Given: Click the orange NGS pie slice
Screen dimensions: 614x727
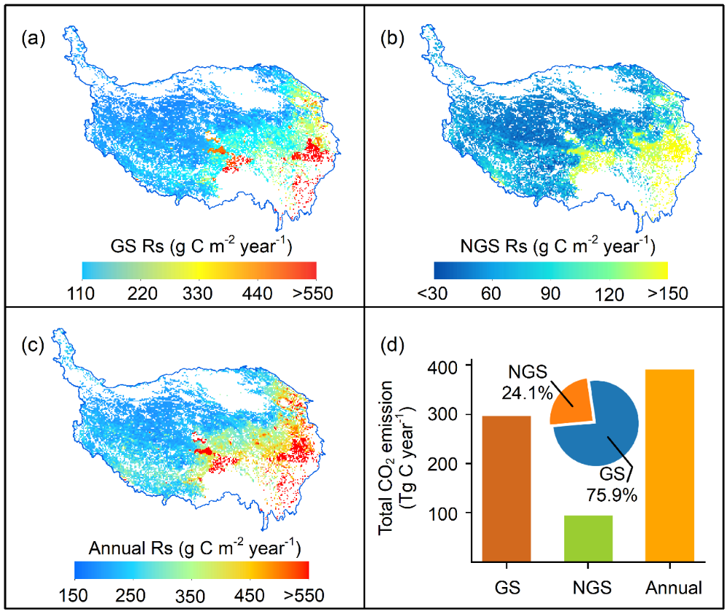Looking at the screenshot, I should click(x=569, y=401).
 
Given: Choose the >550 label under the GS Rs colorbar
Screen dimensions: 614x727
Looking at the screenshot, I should click(x=313, y=294).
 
